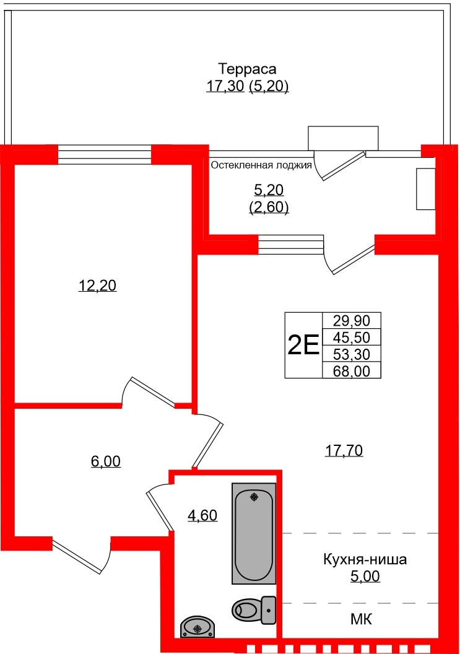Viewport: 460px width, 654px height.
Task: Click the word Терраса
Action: (247, 68)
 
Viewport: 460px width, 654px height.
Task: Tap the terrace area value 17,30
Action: (225, 87)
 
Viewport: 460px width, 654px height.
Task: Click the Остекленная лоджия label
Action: (261, 165)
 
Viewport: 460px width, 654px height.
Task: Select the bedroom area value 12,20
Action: (97, 286)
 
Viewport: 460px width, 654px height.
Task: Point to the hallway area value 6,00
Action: (105, 461)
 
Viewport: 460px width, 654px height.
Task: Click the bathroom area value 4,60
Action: (202, 515)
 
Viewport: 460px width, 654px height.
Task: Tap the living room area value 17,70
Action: (344, 451)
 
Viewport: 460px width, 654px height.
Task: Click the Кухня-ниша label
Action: (365, 560)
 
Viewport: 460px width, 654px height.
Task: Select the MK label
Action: (361, 619)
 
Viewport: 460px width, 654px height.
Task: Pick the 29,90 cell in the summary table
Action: (351, 321)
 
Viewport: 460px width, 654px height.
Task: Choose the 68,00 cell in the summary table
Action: (351, 370)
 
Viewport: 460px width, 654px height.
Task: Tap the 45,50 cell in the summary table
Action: (351, 338)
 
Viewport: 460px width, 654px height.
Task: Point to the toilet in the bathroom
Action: (254, 609)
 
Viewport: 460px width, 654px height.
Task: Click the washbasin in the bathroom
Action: (197, 628)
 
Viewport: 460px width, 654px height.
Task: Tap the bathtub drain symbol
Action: (254, 497)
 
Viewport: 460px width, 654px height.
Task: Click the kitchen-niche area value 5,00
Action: (365, 577)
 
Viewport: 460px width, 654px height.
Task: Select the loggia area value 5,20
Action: (269, 190)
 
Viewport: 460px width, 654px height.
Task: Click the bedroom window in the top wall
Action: (104, 154)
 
